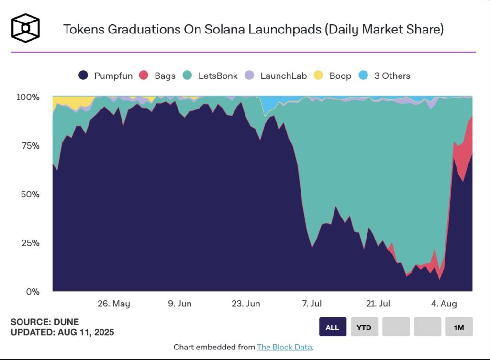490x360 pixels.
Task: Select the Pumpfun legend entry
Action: [106, 76]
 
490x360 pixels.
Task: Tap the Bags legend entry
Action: [157, 76]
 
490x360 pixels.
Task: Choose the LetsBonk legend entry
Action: [211, 76]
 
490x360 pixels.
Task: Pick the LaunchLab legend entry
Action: [276, 76]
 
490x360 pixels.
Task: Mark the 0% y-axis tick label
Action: [33, 291]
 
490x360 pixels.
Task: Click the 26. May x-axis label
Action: [114, 304]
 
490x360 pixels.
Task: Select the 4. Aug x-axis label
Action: [444, 304]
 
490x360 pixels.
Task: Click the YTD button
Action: [364, 327]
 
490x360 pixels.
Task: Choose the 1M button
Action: [459, 327]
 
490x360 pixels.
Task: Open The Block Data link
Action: [285, 347]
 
